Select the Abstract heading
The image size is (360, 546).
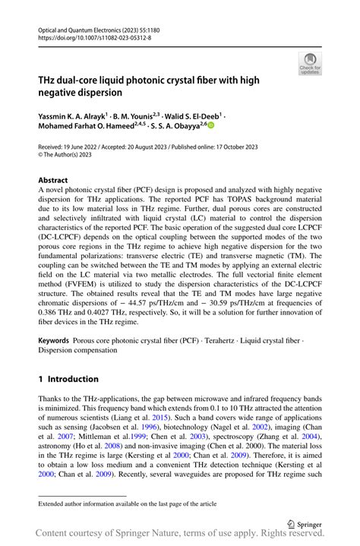52,181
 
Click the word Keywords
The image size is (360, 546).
53,340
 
